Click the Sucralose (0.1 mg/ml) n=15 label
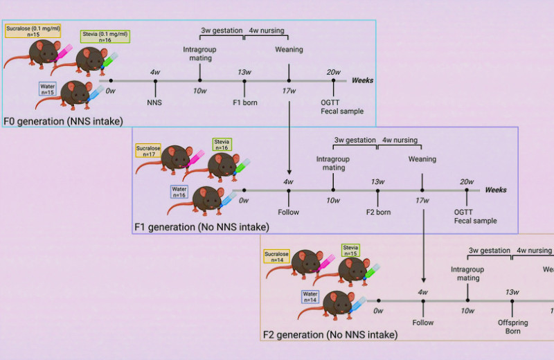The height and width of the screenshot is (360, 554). [x=32, y=30]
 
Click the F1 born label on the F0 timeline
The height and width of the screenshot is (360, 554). [x=244, y=102]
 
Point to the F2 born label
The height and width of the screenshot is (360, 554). [x=377, y=212]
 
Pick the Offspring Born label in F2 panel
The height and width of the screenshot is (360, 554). [x=512, y=326]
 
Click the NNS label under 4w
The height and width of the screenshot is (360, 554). [x=155, y=102]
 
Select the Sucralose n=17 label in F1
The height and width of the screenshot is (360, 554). [x=149, y=152]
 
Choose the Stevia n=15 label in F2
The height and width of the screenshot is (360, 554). [x=350, y=250]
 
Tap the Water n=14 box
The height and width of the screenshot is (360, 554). [x=310, y=297]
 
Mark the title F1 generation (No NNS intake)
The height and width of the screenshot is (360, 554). [x=201, y=226]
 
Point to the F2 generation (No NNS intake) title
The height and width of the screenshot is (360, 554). [x=330, y=335]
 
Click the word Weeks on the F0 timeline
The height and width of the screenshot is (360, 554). [x=362, y=80]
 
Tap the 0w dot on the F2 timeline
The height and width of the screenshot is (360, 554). [x=378, y=300]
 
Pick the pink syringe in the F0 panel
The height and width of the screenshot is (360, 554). [x=65, y=51]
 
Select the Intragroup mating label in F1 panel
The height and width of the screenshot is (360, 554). [x=333, y=163]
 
